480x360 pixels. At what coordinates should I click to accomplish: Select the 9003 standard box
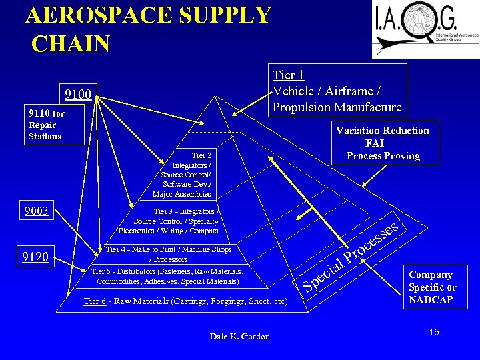[x=36, y=212]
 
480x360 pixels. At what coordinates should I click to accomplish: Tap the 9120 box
[x=35, y=257]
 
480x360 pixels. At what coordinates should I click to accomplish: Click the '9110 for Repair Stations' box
[x=53, y=125]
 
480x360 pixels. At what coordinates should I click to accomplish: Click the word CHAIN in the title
[x=70, y=44]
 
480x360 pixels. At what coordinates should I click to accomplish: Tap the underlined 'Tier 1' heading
[x=289, y=75]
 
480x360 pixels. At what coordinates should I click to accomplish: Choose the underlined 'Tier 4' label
[x=115, y=249]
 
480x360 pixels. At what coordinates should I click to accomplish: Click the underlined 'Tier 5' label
[x=101, y=271]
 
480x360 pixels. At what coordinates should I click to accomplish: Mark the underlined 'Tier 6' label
[x=95, y=301]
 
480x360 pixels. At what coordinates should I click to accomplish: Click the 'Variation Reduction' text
[x=382, y=130]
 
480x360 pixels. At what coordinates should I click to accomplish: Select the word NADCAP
[x=431, y=300]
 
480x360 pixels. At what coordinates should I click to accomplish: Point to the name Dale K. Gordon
[x=239, y=337]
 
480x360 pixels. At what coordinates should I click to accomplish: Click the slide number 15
[x=433, y=331]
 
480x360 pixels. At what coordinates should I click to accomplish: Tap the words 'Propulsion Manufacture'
[x=337, y=107]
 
